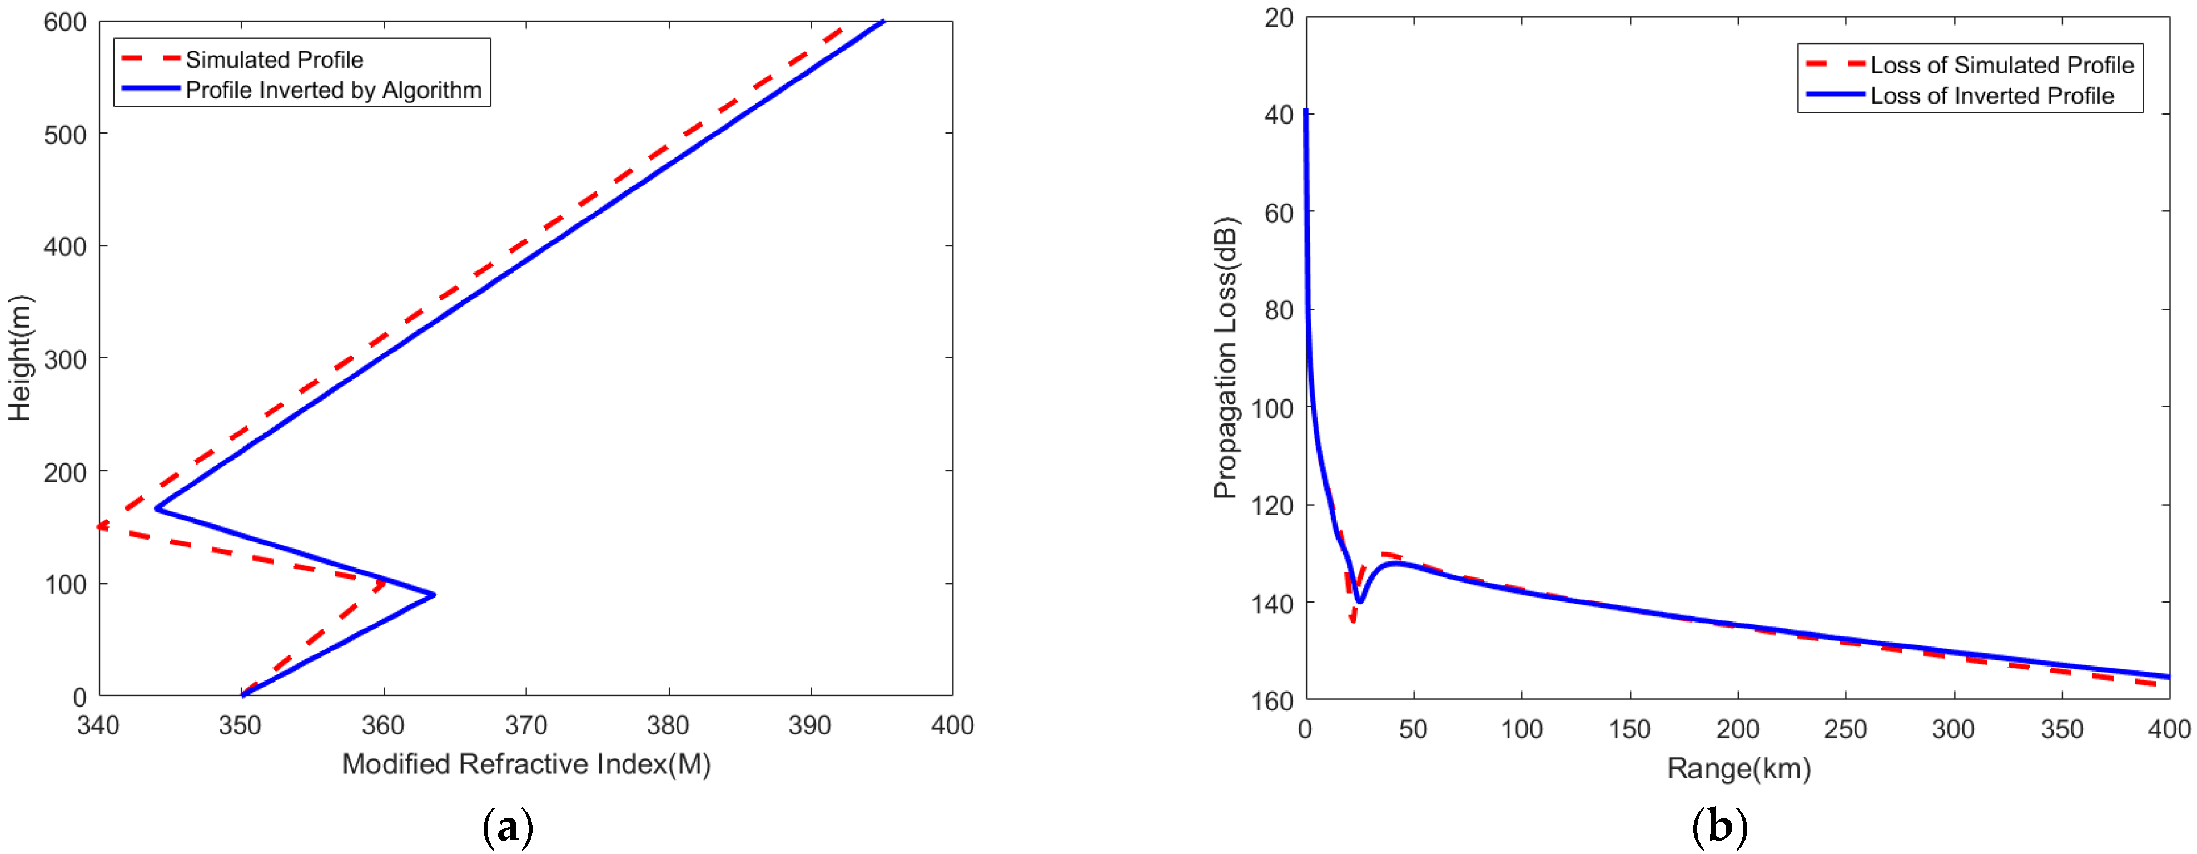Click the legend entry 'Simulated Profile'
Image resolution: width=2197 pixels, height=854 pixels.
click(274, 60)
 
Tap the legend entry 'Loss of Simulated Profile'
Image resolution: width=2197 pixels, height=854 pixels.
click(2001, 66)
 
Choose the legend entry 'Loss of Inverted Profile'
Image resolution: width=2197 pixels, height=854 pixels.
click(1991, 96)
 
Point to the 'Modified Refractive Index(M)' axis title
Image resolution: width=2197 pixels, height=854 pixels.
click(526, 763)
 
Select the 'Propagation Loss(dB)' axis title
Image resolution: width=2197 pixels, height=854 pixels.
click(1226, 358)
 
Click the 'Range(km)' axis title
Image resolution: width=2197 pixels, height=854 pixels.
click(1738, 769)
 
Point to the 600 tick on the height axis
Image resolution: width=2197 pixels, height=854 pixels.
click(65, 23)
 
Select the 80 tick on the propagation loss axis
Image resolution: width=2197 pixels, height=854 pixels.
click(1279, 310)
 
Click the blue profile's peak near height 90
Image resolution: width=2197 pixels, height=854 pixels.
click(434, 595)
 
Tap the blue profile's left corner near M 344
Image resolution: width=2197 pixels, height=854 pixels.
click(156, 509)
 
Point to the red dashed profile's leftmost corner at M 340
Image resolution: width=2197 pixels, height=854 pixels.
click(100, 526)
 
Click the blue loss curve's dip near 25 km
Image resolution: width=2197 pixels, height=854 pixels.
click(1359, 601)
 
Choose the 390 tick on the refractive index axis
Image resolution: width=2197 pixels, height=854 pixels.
click(809, 726)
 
